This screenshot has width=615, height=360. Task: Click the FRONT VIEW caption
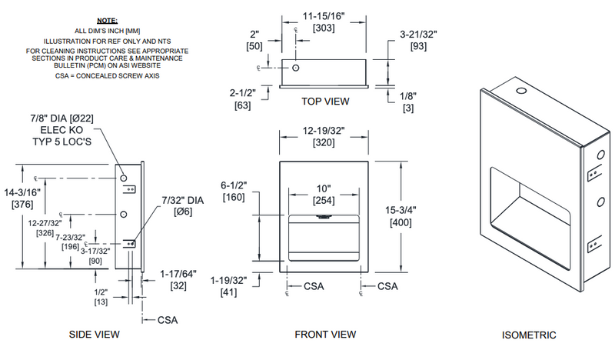point(325,335)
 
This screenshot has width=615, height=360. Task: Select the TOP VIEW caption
point(324,101)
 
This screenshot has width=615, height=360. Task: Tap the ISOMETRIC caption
point(529,335)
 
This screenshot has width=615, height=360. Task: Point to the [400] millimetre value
point(401,222)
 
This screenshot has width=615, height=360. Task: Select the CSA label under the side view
point(168,318)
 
